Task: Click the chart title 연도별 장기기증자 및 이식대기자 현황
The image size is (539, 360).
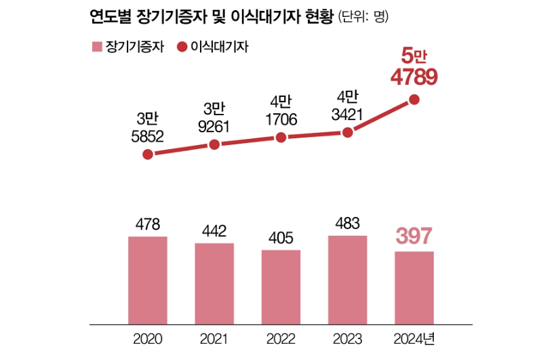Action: [x=210, y=15]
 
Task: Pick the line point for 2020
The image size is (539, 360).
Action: [x=148, y=154]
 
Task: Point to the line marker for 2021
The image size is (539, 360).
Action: [x=214, y=144]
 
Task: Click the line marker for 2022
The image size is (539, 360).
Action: [x=281, y=138]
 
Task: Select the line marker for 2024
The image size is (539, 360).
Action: [x=414, y=100]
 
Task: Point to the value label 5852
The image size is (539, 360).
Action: [x=148, y=136]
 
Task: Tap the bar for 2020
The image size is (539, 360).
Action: [x=148, y=279]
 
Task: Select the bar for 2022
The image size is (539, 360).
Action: [x=281, y=285]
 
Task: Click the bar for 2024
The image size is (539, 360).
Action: [x=414, y=286]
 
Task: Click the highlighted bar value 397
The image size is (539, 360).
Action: [x=414, y=237]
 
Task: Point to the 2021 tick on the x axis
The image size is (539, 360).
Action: [x=214, y=338]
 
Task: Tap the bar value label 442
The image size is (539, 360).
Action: [x=214, y=231]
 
